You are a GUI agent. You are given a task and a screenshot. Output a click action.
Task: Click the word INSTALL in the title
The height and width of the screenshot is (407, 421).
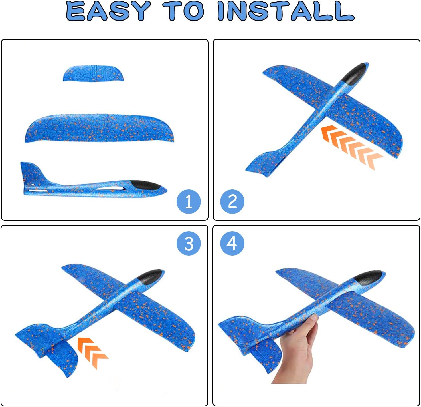click(286, 11)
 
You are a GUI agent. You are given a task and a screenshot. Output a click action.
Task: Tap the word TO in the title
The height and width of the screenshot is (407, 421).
click(183, 11)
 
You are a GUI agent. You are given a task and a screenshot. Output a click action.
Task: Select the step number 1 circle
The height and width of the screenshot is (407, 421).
click(189, 202)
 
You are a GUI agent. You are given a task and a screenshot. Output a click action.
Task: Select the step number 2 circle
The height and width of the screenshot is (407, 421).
click(232, 202)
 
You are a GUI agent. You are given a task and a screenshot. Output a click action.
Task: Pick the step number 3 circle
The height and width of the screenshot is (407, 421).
click(189, 243)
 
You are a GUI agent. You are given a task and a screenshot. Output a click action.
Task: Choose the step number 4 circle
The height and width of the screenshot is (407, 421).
click(232, 243)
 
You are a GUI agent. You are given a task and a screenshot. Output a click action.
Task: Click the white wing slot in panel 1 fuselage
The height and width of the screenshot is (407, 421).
click(110, 189)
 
